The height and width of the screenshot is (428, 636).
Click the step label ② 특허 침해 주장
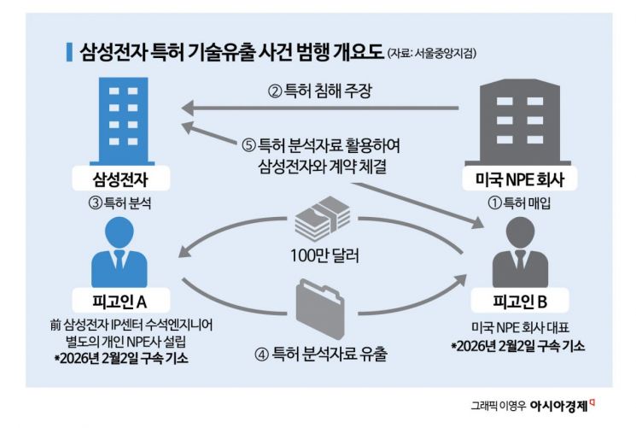coord(321,90)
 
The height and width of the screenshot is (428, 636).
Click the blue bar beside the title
coord(69,50)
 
